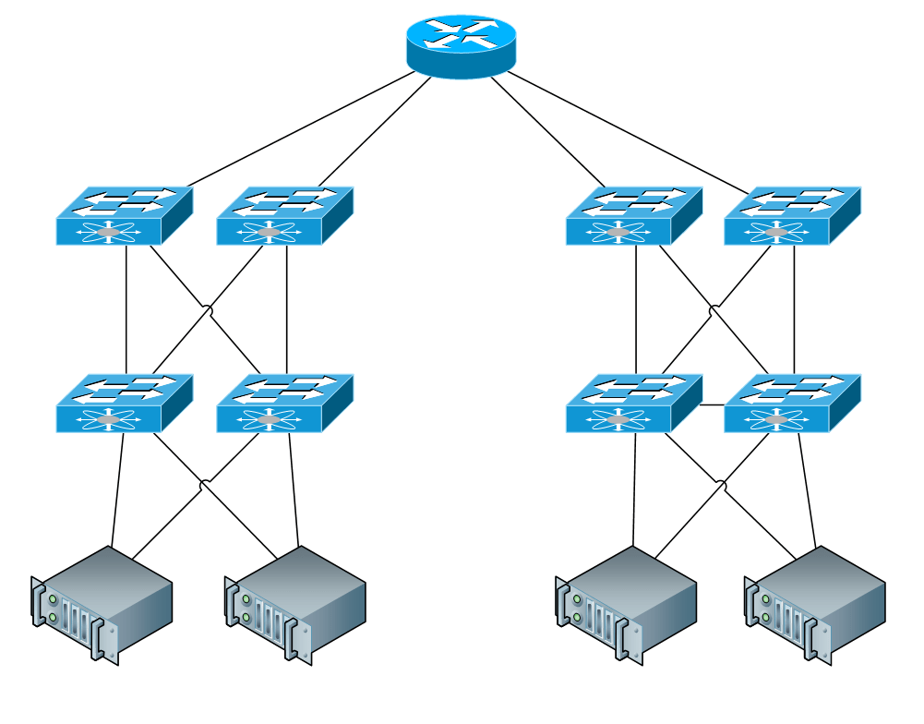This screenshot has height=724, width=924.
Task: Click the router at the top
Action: pyautogui.click(x=461, y=45)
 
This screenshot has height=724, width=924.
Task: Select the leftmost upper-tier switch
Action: pyautogui.click(x=124, y=216)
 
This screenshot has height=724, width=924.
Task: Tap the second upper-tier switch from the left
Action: pyautogui.click(x=284, y=216)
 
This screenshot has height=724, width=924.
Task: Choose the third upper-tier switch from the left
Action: pyautogui.click(x=633, y=216)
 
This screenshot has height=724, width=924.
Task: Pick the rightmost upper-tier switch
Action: pyautogui.click(x=792, y=216)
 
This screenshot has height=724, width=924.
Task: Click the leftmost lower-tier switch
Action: pyautogui.click(x=124, y=404)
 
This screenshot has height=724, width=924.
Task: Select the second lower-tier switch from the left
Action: pyautogui.click(x=284, y=404)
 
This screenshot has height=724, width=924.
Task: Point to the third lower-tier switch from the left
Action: pyautogui.click(x=633, y=404)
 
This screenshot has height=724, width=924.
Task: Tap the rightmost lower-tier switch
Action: pyautogui.click(x=792, y=404)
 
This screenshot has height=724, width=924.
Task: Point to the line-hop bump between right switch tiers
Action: pyautogui.click(x=714, y=309)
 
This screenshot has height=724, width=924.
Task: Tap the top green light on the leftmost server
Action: pyautogui.click(x=53, y=600)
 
